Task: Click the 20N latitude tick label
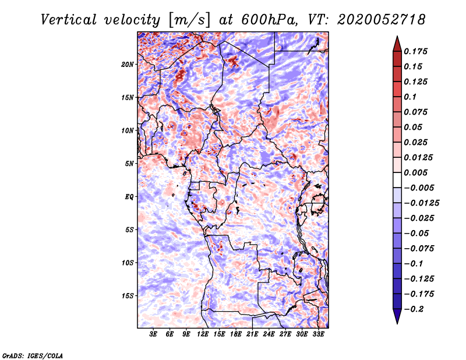pyautogui.click(x=128, y=65)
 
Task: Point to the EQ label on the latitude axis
pyautogui.click(x=129, y=197)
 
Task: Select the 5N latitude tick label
pyautogui.click(x=129, y=164)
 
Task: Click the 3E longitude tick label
pyautogui.click(x=153, y=334)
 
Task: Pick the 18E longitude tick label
pyautogui.click(x=235, y=334)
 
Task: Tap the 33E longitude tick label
pyautogui.click(x=318, y=334)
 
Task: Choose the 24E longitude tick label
pyautogui.click(x=269, y=334)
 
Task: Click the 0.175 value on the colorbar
pyautogui.click(x=415, y=51)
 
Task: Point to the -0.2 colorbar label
pyautogui.click(x=414, y=309)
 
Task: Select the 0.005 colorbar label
pyautogui.click(x=415, y=172)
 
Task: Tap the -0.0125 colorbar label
pyautogui.click(x=421, y=203)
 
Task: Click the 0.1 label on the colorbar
pyautogui.click(x=410, y=97)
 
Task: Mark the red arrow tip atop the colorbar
pyautogui.click(x=397, y=37)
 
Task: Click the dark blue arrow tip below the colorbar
pyautogui.click(x=397, y=323)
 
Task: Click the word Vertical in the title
pyautogui.click(x=68, y=20)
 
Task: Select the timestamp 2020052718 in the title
pyautogui.click(x=382, y=20)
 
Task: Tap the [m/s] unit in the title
pyautogui.click(x=189, y=20)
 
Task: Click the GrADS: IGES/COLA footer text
pyautogui.click(x=33, y=355)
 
